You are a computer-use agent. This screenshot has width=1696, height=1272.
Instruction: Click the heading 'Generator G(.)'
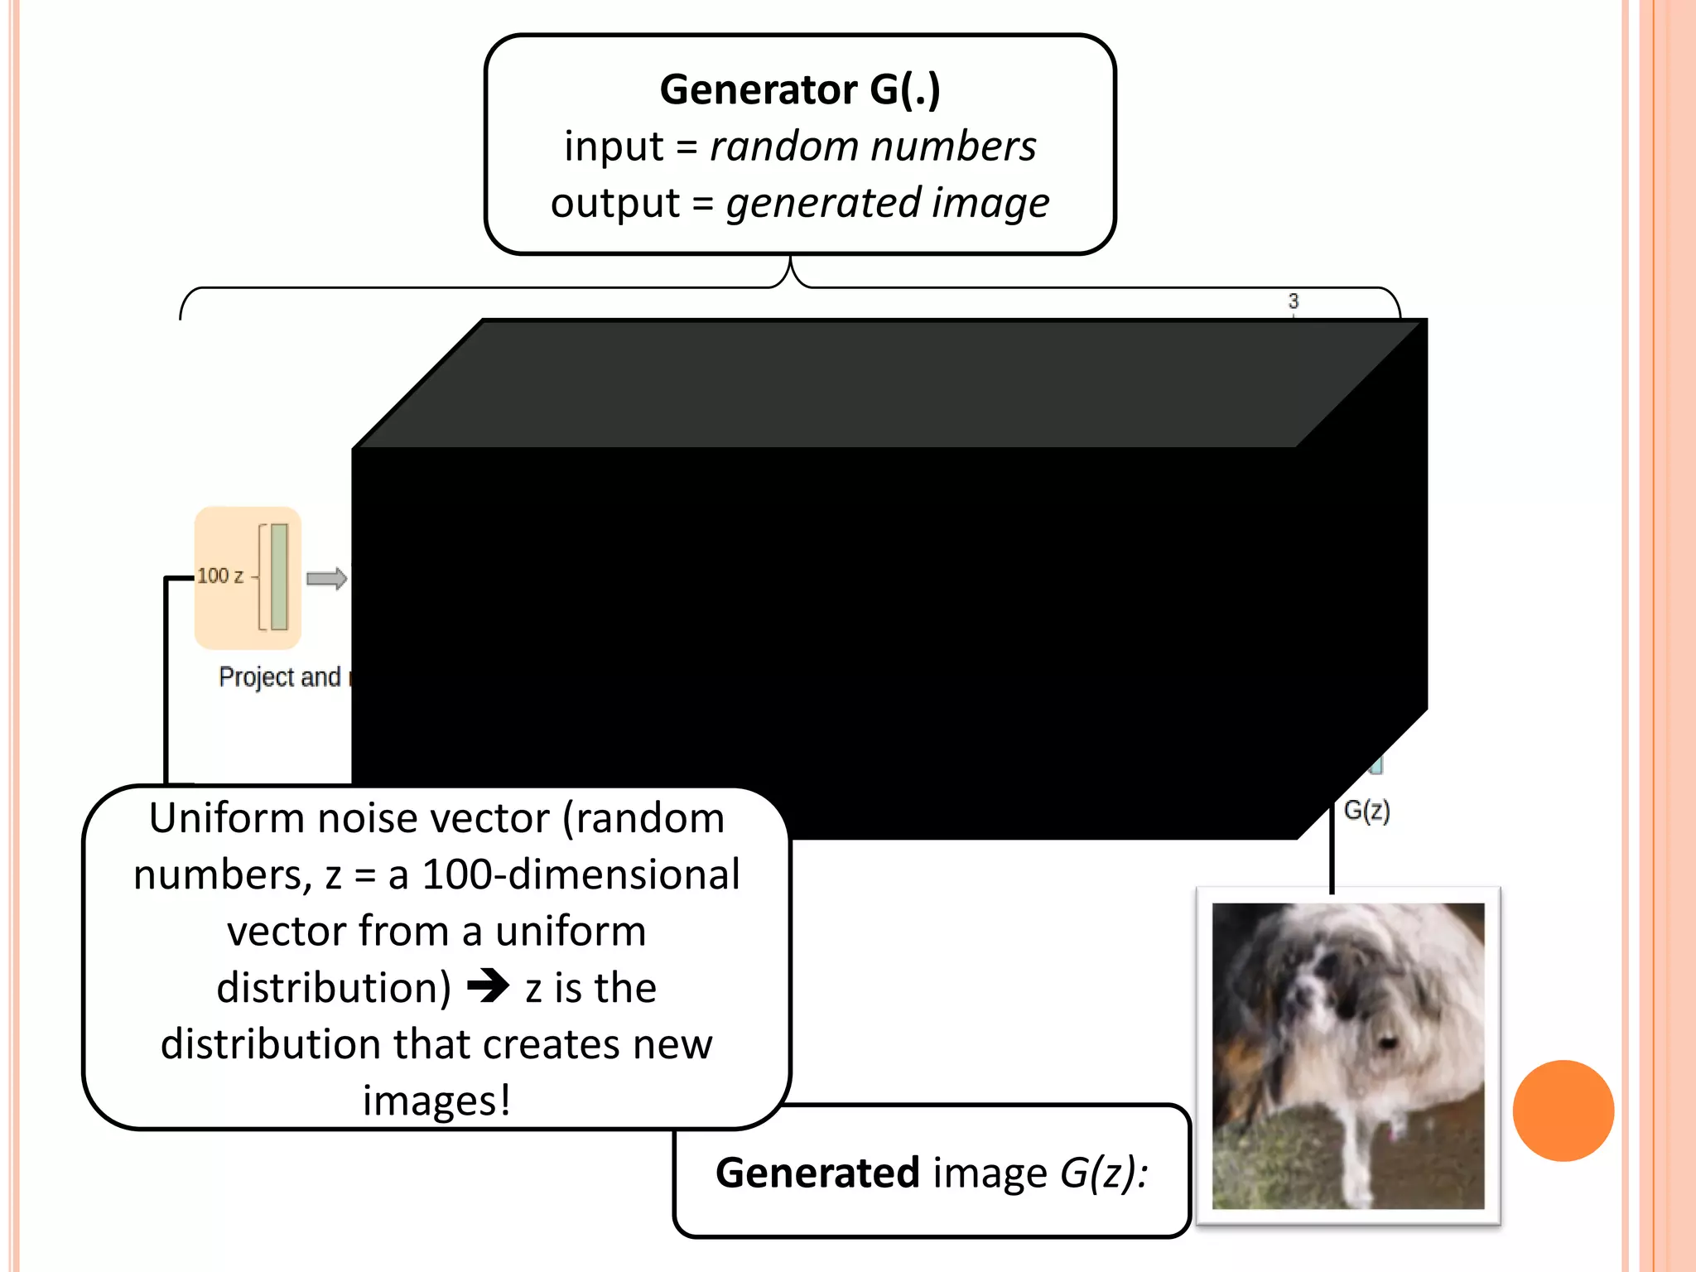(800, 89)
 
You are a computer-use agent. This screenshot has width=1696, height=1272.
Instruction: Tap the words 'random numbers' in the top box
(873, 147)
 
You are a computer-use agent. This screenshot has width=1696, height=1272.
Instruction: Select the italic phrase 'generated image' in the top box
(887, 204)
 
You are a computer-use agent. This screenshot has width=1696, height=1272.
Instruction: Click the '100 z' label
(220, 576)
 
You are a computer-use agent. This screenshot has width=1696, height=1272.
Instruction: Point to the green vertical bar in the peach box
(279, 576)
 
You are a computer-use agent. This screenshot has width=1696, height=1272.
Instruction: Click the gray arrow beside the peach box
(326, 578)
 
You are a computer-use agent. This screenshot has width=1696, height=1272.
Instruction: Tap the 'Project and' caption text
(280, 677)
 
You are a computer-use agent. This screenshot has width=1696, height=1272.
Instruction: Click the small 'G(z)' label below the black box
(1366, 810)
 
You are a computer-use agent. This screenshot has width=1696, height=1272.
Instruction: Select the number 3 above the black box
(1294, 301)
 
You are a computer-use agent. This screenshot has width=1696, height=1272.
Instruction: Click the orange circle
(1563, 1111)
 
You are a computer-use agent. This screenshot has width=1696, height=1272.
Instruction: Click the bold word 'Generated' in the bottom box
(817, 1173)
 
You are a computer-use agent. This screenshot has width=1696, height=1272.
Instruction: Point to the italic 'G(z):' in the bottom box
(1104, 1173)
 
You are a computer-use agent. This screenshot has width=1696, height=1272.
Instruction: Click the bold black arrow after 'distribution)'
(489, 985)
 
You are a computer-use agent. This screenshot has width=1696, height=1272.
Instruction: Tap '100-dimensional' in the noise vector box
(581, 875)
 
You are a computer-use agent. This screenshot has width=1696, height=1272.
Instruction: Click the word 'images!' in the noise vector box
(436, 1101)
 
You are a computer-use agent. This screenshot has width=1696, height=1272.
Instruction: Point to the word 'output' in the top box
(614, 204)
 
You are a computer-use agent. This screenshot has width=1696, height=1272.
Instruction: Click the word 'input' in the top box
(613, 147)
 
